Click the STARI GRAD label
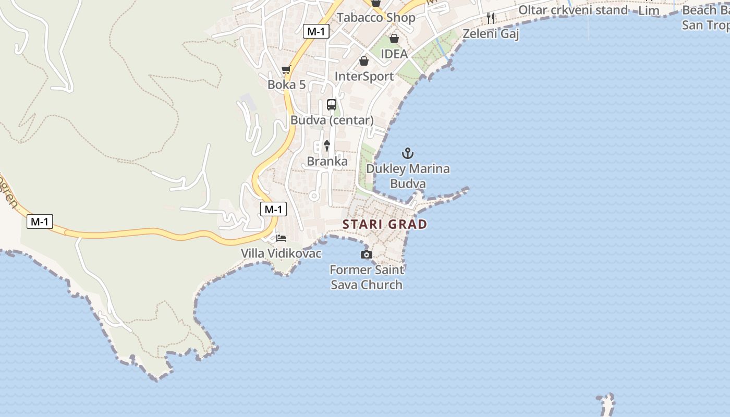coord(385,224)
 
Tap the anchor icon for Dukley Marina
coord(408,153)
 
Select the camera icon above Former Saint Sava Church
coord(367,254)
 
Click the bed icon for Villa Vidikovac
coord(281,238)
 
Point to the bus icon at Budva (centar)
coord(332,104)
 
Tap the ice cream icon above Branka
coord(327,145)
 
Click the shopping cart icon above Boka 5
coord(286,70)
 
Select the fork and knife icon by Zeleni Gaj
coord(490,18)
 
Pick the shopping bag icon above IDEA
coord(394,39)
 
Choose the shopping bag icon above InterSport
coord(364,61)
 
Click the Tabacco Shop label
coord(376,17)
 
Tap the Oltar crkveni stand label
coord(573,10)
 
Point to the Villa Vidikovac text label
coord(281,253)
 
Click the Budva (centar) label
coord(332,120)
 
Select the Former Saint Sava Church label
coord(367,277)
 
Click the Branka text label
coord(327,162)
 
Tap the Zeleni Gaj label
coord(491,33)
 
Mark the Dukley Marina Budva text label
coord(408,176)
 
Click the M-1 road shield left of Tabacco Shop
coord(316,31)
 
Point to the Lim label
coord(649,10)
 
